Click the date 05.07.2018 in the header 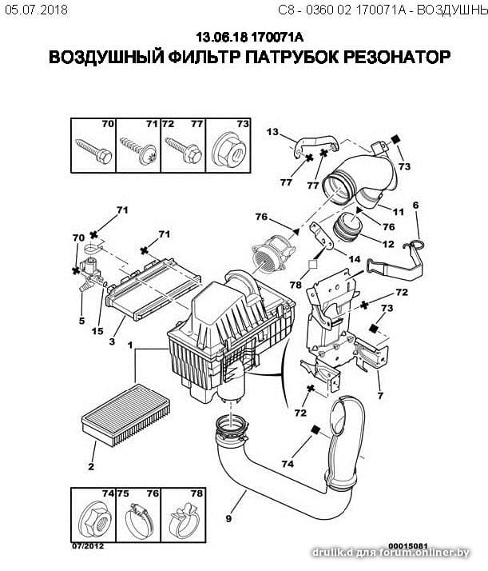(35, 10)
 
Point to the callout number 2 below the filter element (91, 468)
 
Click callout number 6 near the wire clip (415, 206)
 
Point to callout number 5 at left (81, 321)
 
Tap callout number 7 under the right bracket (379, 396)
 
